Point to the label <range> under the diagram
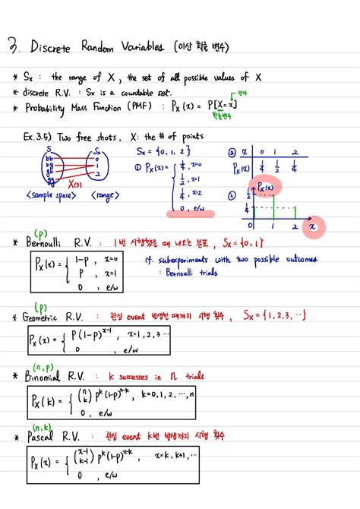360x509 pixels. (x=104, y=195)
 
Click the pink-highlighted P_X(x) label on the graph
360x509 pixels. (x=266, y=187)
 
